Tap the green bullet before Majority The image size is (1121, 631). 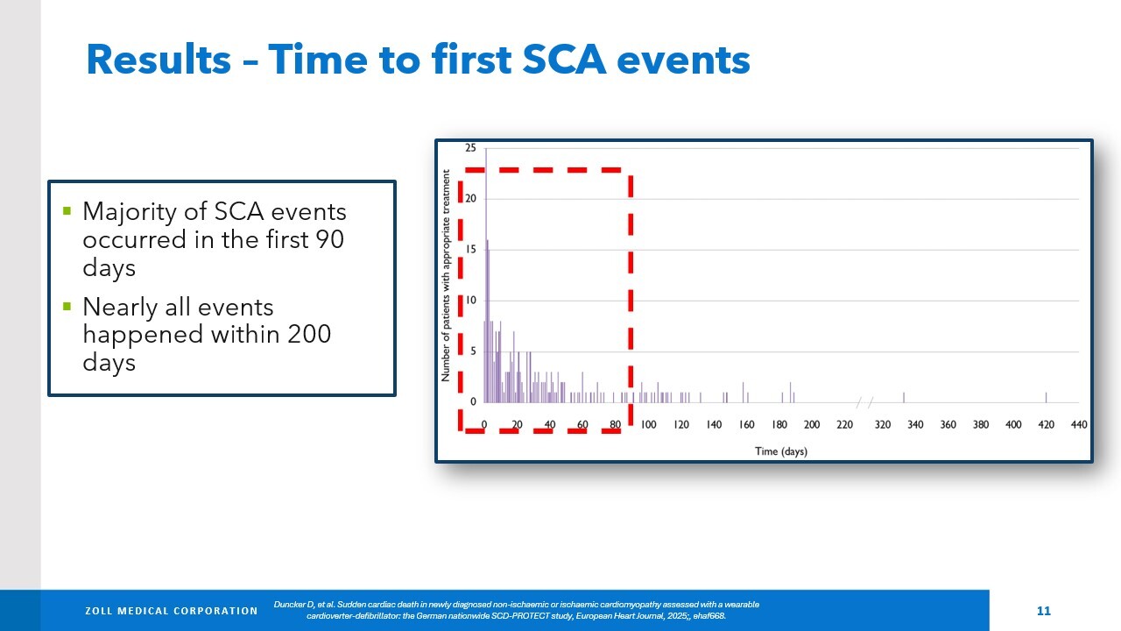[67, 211]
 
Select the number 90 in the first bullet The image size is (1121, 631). [328, 239]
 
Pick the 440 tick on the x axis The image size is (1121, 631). [1079, 425]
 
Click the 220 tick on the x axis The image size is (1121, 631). [844, 425]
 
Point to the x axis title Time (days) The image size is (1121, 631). [781, 451]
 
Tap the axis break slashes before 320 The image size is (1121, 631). [864, 402]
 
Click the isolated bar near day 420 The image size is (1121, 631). [1046, 397]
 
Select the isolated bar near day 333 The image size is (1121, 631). [904, 397]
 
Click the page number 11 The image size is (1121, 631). [1043, 611]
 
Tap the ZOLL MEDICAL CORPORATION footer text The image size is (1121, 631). [171, 611]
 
